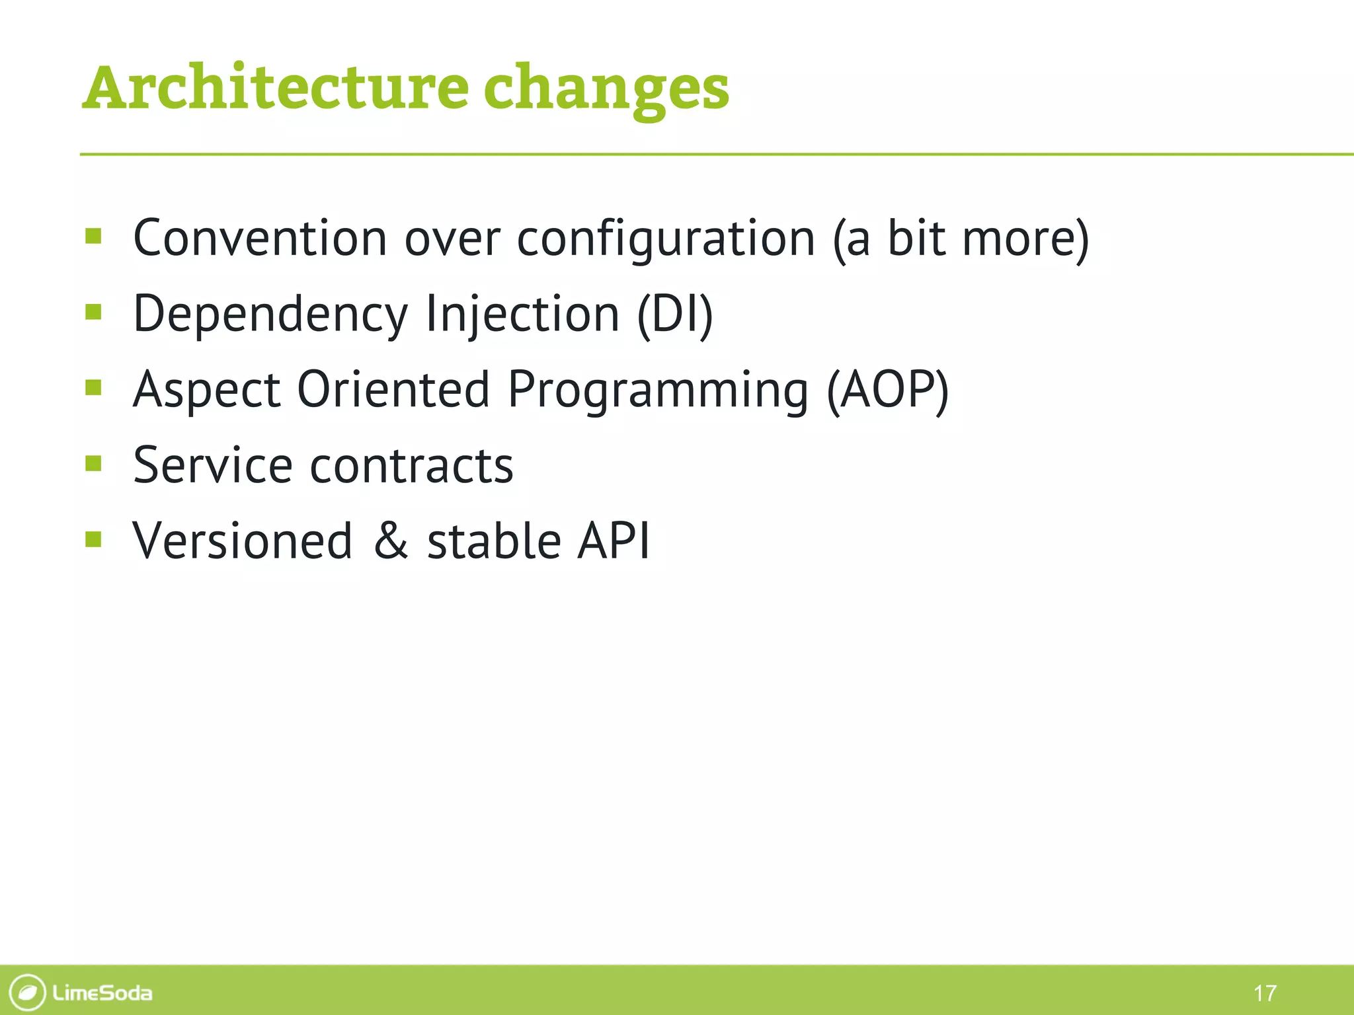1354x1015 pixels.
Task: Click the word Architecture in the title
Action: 276,88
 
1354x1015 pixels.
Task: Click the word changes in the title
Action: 606,89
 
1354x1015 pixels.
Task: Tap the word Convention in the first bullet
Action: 260,238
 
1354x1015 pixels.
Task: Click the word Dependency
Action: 270,315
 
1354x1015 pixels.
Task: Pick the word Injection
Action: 522,315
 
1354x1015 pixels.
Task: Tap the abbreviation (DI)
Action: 675,315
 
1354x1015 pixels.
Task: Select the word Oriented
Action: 393,389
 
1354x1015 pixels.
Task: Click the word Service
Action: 212,465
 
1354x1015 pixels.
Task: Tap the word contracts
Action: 411,465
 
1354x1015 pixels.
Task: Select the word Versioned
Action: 242,541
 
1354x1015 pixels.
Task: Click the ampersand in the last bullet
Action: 391,541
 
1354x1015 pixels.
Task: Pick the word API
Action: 613,541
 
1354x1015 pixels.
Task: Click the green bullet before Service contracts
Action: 93,463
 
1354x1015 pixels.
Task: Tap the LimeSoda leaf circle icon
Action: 28,992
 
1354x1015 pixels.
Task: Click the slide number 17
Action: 1264,993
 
